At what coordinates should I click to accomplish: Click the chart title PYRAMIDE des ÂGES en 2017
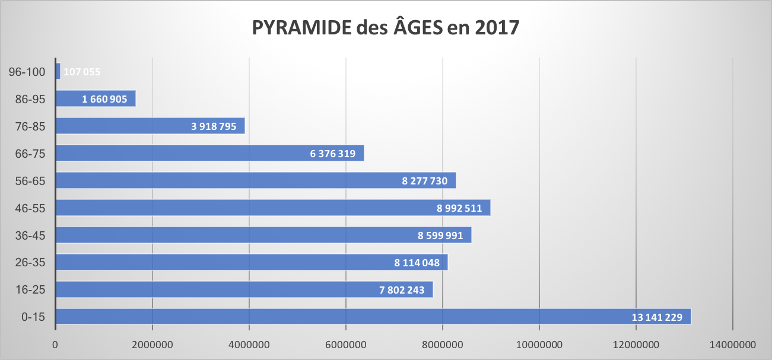386,28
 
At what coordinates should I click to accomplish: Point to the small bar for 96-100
58,71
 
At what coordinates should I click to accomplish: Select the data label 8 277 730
424,181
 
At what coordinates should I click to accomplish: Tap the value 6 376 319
332,154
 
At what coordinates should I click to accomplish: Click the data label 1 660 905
104,99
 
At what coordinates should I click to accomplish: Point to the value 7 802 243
402,290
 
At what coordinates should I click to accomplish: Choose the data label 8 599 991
440,235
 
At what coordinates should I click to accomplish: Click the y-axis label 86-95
31,99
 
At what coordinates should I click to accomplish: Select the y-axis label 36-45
31,235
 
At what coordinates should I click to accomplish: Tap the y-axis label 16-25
31,290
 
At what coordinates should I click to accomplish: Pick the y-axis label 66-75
31,154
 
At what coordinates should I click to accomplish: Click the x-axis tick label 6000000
345,344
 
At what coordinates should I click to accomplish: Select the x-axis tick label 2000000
153,344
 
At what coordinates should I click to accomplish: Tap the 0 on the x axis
55,344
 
